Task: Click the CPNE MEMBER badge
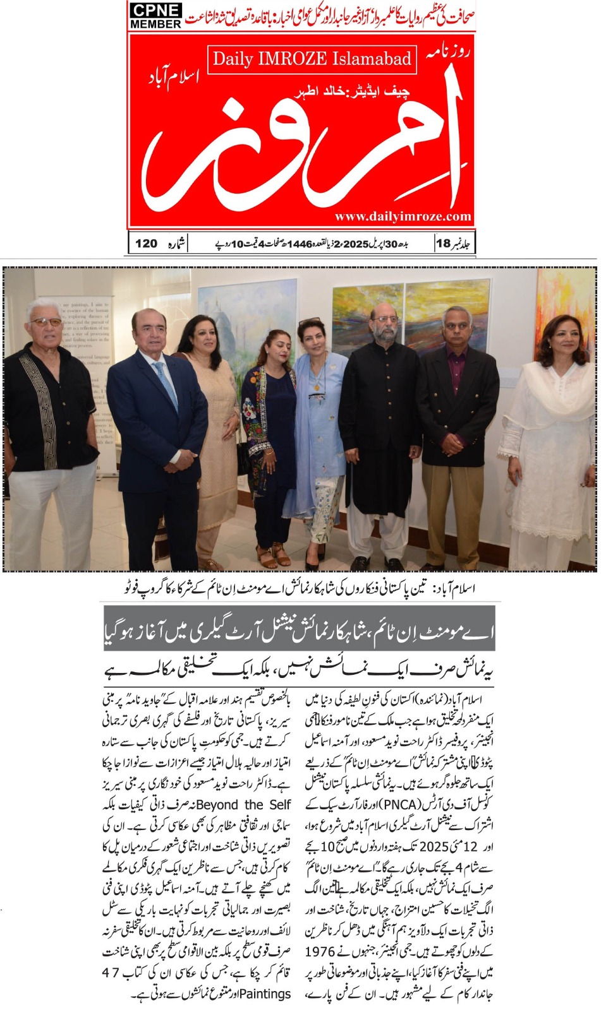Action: tap(155, 15)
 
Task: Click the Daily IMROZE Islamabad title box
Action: tap(312, 59)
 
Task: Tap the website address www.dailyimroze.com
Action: tap(403, 217)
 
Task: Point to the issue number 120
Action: tap(146, 243)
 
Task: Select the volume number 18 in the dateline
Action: tap(442, 243)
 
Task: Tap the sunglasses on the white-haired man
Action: tap(46, 322)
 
